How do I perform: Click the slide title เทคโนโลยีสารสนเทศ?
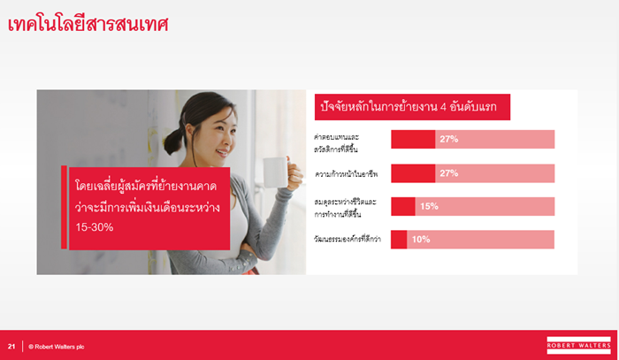click(x=88, y=24)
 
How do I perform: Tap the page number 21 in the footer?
click(x=11, y=347)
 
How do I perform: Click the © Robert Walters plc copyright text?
click(x=57, y=347)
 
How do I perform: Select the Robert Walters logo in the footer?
click(x=578, y=345)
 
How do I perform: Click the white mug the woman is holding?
click(x=276, y=172)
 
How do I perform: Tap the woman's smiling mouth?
click(x=221, y=153)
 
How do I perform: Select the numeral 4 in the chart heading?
click(x=443, y=107)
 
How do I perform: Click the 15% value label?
click(x=429, y=206)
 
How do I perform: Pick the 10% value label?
click(x=421, y=239)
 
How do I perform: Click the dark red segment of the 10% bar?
click(x=399, y=240)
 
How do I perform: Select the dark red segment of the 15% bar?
click(x=403, y=206)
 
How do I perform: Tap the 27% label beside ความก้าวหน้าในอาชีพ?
click(x=449, y=173)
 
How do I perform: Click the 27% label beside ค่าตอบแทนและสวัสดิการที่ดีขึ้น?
click(x=449, y=139)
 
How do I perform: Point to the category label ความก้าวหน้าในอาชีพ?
click(x=347, y=174)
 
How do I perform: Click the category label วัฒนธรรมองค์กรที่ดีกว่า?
click(x=348, y=239)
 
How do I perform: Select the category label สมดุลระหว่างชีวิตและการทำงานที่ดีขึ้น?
click(x=345, y=208)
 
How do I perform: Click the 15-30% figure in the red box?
click(x=95, y=227)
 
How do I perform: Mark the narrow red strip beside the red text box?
click(x=64, y=207)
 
